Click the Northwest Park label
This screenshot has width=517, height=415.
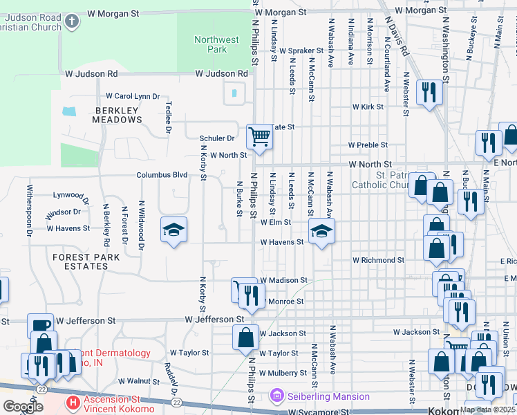[x=216, y=45]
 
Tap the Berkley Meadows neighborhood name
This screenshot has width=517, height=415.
[x=117, y=115]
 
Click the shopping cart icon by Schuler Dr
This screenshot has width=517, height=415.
[x=260, y=136]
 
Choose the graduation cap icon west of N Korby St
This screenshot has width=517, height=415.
[x=174, y=230]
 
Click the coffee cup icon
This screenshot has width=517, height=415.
[x=40, y=325]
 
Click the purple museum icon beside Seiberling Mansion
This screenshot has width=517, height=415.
[x=276, y=396]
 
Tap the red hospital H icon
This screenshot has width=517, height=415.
[x=71, y=402]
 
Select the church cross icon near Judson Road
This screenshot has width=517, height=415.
[x=71, y=21]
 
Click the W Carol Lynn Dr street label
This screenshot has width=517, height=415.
[x=132, y=97]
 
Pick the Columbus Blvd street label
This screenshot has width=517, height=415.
[x=162, y=176]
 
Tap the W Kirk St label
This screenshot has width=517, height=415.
[x=368, y=107]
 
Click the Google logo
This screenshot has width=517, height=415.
[x=23, y=407]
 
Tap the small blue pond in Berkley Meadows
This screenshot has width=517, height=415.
[x=69, y=111]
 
